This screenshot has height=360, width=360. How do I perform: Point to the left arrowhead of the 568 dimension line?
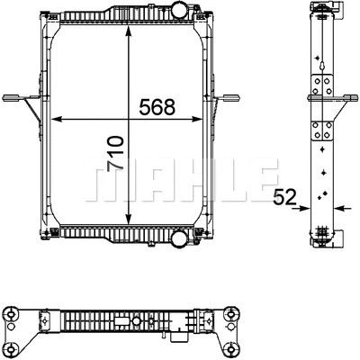pos(56,118)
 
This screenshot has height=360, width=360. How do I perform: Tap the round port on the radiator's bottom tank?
pos(179,240)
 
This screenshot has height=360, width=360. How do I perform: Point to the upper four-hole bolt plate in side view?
pos(322,86)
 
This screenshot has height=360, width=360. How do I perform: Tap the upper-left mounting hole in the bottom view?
pos(11,314)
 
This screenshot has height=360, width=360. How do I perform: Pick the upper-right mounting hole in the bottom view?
pos(232,314)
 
